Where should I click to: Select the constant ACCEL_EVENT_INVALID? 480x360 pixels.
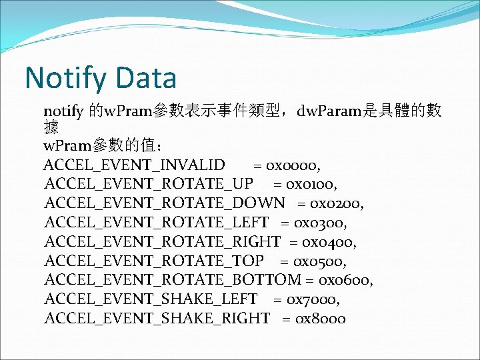coord(134,164)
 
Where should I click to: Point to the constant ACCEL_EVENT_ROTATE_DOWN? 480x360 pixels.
coord(165,203)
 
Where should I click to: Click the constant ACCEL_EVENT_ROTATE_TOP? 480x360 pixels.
coord(154,261)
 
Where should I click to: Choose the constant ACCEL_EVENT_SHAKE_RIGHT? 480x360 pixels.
coord(157,319)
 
